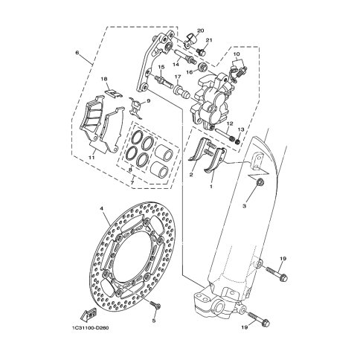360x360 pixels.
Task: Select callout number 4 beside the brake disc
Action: [x=102, y=209]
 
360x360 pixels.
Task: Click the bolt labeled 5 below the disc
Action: [x=155, y=306]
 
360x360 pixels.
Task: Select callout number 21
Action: [x=210, y=41]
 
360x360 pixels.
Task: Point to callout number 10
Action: [x=237, y=56]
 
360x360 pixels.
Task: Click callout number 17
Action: [x=179, y=77]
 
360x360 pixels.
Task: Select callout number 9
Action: [x=148, y=101]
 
